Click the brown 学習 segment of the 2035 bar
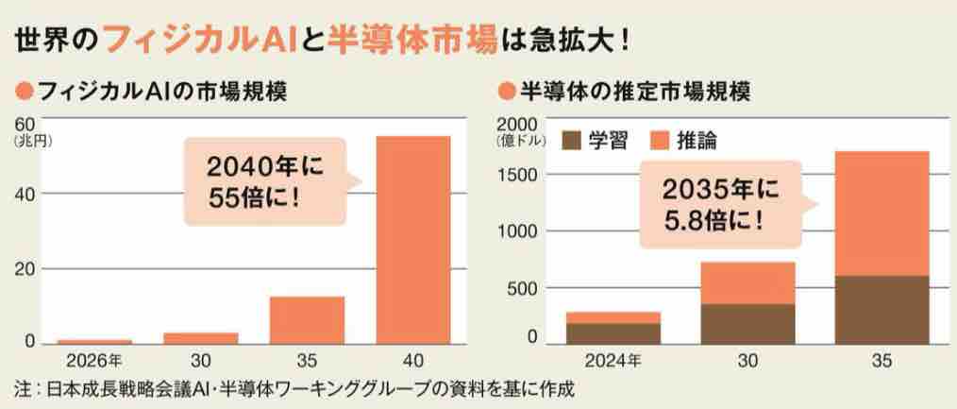[x=882, y=310]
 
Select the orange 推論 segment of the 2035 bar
[x=882, y=213]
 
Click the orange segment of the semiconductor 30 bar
[x=747, y=282]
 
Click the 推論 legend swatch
[x=659, y=141]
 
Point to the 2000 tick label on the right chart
[x=517, y=125]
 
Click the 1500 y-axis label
[x=521, y=175]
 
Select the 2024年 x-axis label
[x=613, y=360]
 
